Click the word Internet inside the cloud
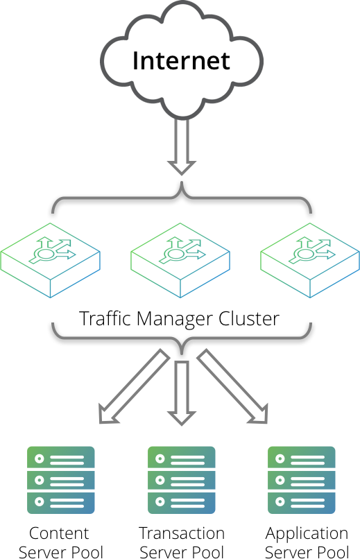click(181, 60)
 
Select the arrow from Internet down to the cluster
click(181, 146)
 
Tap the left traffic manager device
click(51, 260)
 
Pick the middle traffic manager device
click(180, 260)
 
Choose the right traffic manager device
click(310, 260)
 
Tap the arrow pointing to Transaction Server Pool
click(181, 392)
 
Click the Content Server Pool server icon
click(60, 480)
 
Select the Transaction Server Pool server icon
click(181, 480)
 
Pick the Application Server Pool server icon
click(302, 480)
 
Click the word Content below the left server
click(59, 533)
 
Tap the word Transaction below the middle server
click(182, 533)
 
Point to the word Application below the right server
click(307, 533)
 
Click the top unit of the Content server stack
click(60, 458)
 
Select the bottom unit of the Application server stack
click(302, 501)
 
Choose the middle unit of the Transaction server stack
click(181, 480)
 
